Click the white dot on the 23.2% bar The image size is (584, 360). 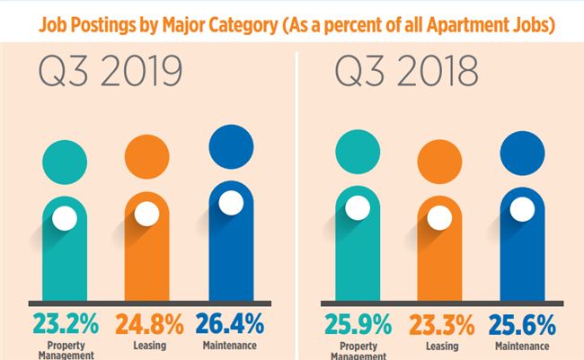tap(64, 218)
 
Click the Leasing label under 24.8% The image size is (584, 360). tap(149, 345)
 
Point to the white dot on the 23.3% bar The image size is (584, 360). tap(439, 218)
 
